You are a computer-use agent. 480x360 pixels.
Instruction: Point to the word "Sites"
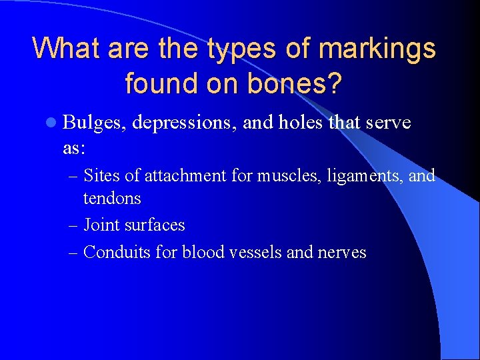point(104,176)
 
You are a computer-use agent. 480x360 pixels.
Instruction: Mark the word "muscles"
point(283,176)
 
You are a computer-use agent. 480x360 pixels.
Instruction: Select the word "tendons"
point(112,198)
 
